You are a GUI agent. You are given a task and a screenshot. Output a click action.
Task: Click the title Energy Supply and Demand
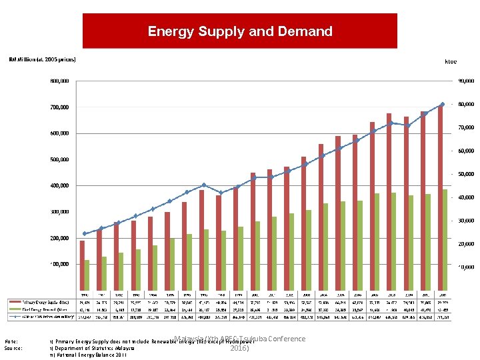(239, 31)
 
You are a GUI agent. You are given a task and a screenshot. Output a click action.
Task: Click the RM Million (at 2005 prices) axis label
(42, 59)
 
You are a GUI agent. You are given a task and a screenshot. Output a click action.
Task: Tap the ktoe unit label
(451, 61)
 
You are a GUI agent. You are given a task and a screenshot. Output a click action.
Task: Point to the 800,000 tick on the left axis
(59, 81)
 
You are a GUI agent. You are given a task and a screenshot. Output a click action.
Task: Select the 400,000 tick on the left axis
(59, 185)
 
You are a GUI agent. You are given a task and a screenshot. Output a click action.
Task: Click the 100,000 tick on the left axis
(59, 264)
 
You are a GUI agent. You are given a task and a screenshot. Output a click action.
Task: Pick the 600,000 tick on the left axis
(59, 133)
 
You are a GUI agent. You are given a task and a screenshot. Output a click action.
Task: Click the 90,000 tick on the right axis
(465, 81)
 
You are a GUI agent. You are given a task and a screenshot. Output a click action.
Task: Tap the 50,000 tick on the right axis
(465, 174)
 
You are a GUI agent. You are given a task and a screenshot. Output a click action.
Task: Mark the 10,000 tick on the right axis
(465, 267)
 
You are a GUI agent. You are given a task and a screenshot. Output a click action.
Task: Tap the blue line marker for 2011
(442, 104)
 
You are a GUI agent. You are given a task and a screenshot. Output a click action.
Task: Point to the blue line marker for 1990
(85, 233)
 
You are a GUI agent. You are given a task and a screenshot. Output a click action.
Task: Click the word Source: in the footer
(13, 348)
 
